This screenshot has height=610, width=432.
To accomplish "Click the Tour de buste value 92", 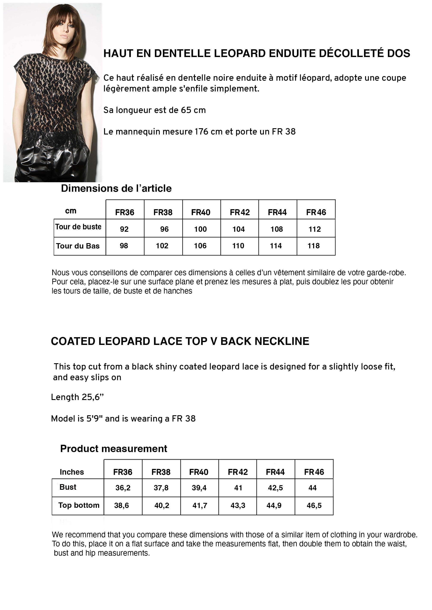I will [124, 229].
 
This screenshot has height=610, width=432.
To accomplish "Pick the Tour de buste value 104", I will [238, 229].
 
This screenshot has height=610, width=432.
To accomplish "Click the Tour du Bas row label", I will [78, 246].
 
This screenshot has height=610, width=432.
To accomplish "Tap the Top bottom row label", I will [79, 505].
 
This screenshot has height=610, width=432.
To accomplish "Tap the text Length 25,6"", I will [77, 397].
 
